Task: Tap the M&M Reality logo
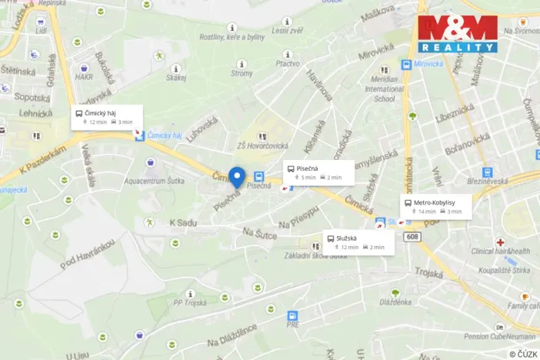click(458, 34)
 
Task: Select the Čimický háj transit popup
click(105, 117)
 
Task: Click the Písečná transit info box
click(318, 172)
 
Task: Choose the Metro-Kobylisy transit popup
click(435, 206)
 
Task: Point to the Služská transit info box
click(359, 242)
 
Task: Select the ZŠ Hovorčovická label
click(262, 146)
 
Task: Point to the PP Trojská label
click(189, 302)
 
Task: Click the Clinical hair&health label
click(501, 251)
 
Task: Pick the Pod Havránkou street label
click(87, 254)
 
